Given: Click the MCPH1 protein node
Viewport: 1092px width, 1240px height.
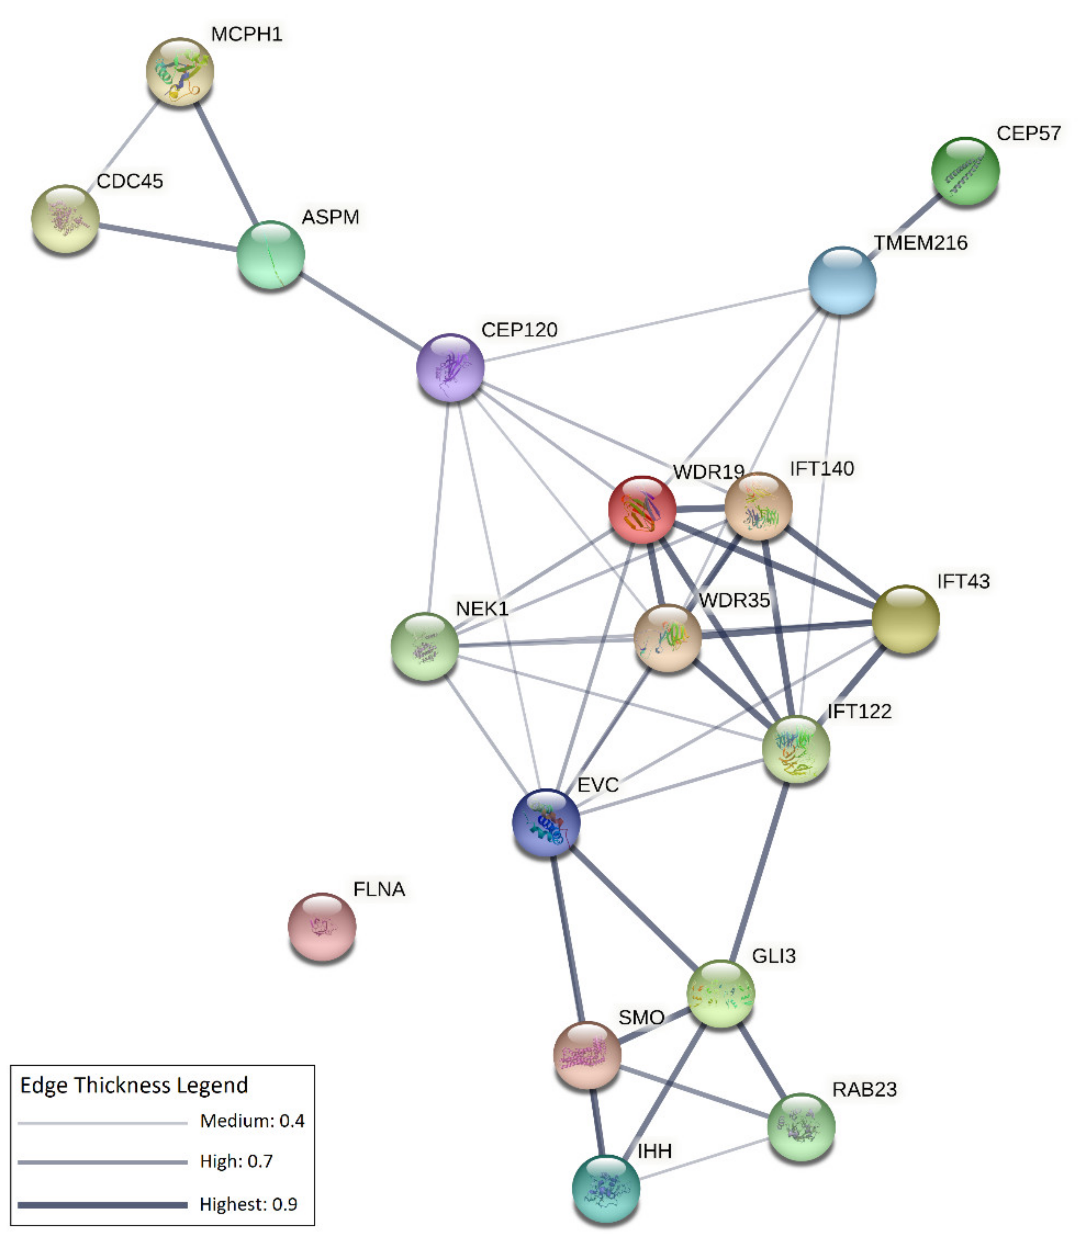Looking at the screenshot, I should coord(180,72).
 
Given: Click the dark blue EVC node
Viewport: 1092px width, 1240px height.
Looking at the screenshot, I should coord(546,822).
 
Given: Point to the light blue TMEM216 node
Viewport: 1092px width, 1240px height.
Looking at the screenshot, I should coord(842,280).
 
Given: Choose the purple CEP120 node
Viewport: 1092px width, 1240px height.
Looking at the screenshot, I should coord(450,368).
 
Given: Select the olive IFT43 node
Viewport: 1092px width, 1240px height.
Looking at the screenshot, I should coord(905,619).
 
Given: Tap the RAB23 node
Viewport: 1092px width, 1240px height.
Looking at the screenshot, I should coord(801,1126).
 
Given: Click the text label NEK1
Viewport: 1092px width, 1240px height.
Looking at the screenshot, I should coord(482,608).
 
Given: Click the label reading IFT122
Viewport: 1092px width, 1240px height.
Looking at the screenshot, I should coord(859,711).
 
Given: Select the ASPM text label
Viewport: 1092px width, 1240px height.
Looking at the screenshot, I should coord(330,217).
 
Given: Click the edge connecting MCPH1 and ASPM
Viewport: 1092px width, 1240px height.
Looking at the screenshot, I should coord(226,163).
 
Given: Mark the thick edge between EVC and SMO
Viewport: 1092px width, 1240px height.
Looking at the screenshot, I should coord(568,937).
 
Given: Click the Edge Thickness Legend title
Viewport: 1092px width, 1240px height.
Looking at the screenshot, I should coord(134,1085).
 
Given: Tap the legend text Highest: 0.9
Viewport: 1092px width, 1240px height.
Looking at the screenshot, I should coord(248,1204).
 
